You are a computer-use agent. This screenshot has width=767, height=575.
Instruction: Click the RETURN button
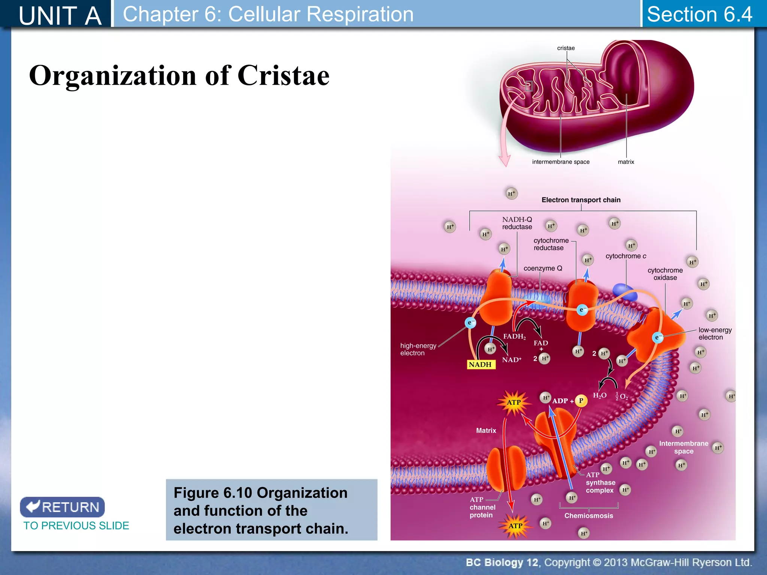click(x=63, y=507)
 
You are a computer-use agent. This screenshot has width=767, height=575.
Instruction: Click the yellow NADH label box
click(x=481, y=364)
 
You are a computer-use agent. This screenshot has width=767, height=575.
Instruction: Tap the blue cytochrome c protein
click(x=624, y=292)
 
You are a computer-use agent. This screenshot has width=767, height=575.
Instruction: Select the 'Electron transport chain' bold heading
click(x=581, y=200)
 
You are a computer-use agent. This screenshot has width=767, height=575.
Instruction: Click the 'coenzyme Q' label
click(x=543, y=268)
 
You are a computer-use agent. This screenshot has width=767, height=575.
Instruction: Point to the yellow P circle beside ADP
click(x=581, y=401)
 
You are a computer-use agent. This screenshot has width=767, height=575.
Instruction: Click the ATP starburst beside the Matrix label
click(x=514, y=402)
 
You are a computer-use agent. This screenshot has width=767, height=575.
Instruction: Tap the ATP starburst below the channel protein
click(x=515, y=526)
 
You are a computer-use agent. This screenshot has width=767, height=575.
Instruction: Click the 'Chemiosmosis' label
click(x=588, y=515)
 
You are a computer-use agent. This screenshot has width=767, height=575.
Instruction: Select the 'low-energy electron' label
click(x=715, y=334)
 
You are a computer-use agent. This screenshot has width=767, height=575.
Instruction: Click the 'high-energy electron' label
click(x=418, y=349)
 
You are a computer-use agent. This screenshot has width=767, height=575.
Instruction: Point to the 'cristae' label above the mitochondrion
click(x=566, y=48)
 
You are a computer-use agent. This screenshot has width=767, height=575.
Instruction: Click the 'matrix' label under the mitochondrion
click(x=626, y=162)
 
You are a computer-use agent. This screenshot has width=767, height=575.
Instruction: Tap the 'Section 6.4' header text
click(x=699, y=14)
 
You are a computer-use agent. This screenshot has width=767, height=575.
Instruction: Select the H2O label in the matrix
click(x=600, y=395)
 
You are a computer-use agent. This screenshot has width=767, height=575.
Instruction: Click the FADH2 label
click(x=514, y=336)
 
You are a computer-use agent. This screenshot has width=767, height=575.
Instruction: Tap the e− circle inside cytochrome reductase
click(x=582, y=310)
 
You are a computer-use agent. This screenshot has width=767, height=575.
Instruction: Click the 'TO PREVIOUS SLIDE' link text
click(x=76, y=526)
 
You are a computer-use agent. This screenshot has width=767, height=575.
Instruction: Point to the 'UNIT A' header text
click(x=60, y=16)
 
